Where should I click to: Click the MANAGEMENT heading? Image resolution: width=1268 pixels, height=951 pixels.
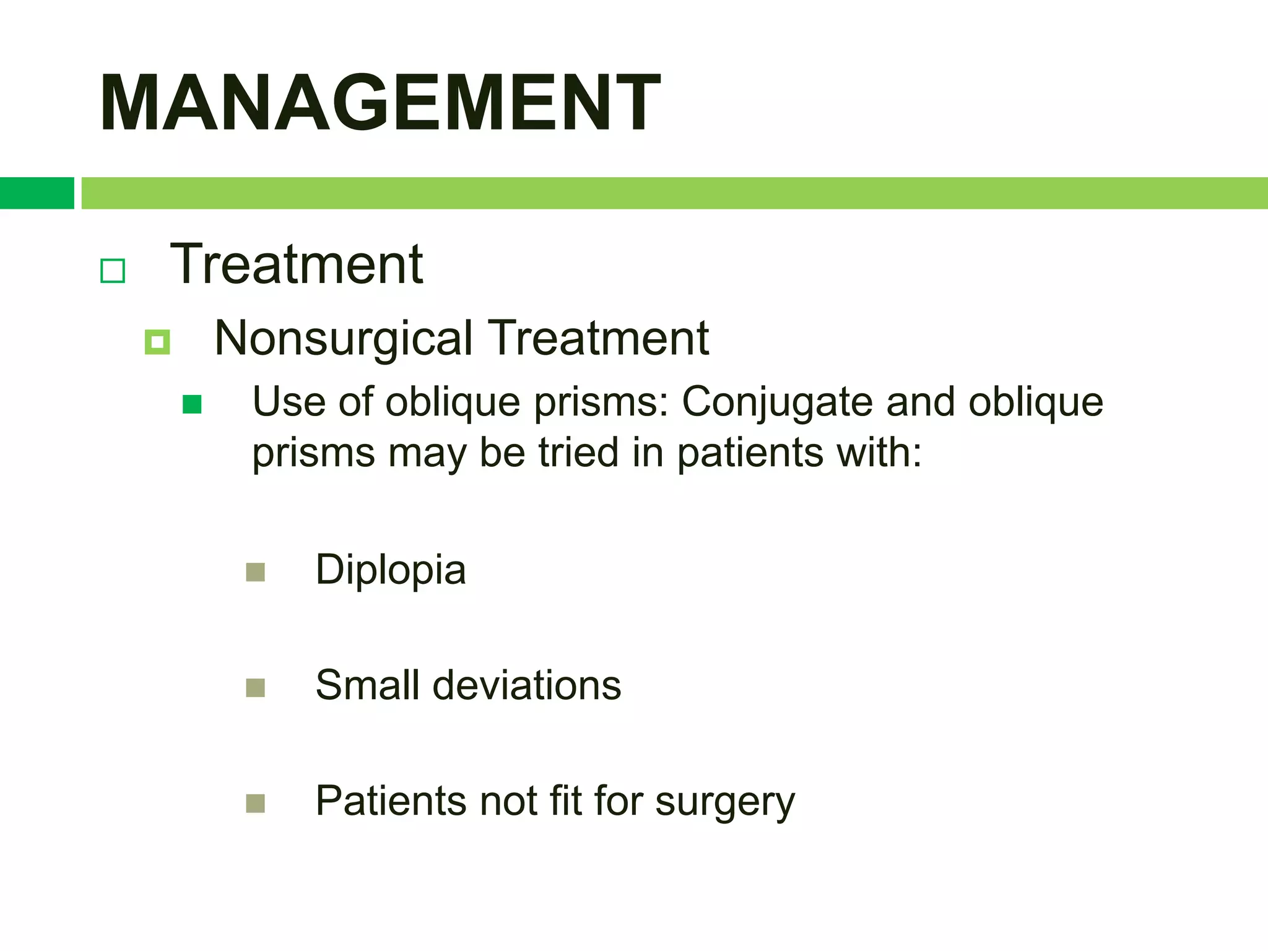point(380,103)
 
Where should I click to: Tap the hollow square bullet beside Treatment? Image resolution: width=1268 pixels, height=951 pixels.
point(113,271)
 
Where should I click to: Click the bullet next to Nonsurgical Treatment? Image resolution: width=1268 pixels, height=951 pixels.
point(157,342)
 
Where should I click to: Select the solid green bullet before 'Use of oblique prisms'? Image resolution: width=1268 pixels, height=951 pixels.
point(192,404)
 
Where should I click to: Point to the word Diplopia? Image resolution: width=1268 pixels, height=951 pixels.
point(390,570)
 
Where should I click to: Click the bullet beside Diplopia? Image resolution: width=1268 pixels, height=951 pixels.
point(255,572)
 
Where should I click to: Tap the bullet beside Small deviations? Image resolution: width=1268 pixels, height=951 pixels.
point(255,688)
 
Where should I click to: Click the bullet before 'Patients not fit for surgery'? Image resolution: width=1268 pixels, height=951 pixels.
point(255,803)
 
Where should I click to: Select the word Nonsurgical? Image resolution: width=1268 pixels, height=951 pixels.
point(343,339)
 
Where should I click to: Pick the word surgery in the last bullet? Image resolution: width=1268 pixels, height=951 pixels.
point(724,802)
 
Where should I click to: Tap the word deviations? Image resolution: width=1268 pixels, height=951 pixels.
point(526,685)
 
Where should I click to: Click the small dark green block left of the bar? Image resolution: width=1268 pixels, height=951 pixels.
point(37,193)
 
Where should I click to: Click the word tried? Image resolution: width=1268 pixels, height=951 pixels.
point(578,453)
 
